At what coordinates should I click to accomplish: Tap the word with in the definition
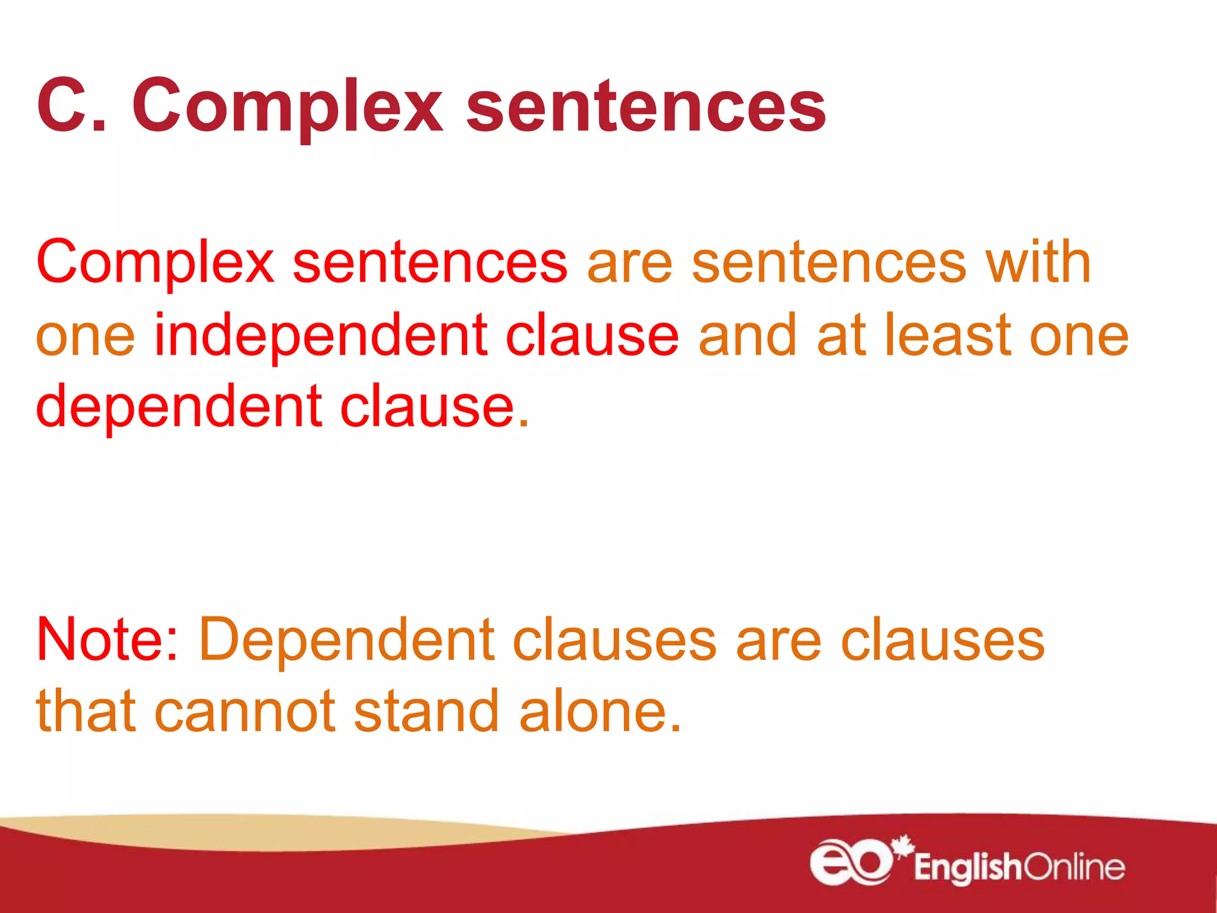pos(1038,262)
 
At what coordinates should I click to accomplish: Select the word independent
pos(320,336)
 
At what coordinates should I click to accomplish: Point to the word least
pos(947,336)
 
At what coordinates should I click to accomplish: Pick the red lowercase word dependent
pos(179,407)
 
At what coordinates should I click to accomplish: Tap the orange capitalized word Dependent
pos(347,641)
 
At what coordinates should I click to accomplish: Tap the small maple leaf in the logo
pos(903,844)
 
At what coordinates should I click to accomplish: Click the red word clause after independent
pos(592,336)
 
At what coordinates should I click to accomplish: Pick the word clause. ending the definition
pos(434,407)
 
